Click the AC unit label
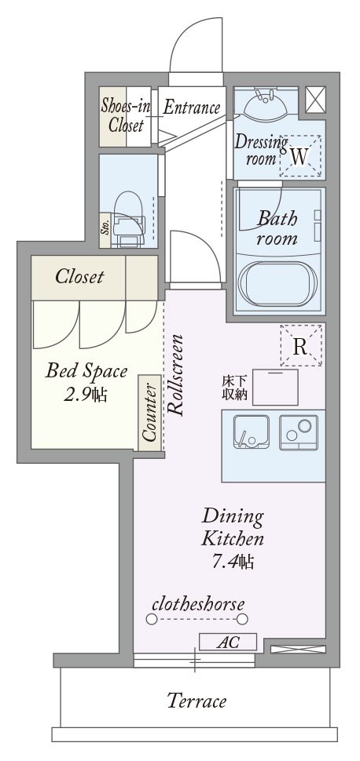pyautogui.click(x=228, y=642)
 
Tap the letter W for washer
pyautogui.click(x=299, y=156)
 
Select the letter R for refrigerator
pyautogui.click(x=300, y=347)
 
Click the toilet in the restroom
pyautogui.click(x=128, y=220)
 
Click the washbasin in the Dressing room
pyautogui.click(x=265, y=104)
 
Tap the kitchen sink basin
pyautogui.click(x=250, y=432)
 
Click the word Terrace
pyautogui.click(x=197, y=701)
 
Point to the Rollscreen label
pyautogui.click(x=176, y=375)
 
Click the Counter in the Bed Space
pyautogui.click(x=149, y=413)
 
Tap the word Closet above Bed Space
pyautogui.click(x=79, y=277)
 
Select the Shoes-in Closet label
pyautogui.click(x=126, y=116)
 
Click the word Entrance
pyautogui.click(x=191, y=107)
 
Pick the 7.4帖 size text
pyautogui.click(x=232, y=562)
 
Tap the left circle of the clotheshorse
pyautogui.click(x=151, y=619)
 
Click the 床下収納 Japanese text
pyautogui.click(x=235, y=388)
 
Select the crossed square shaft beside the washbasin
pyautogui.click(x=315, y=100)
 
